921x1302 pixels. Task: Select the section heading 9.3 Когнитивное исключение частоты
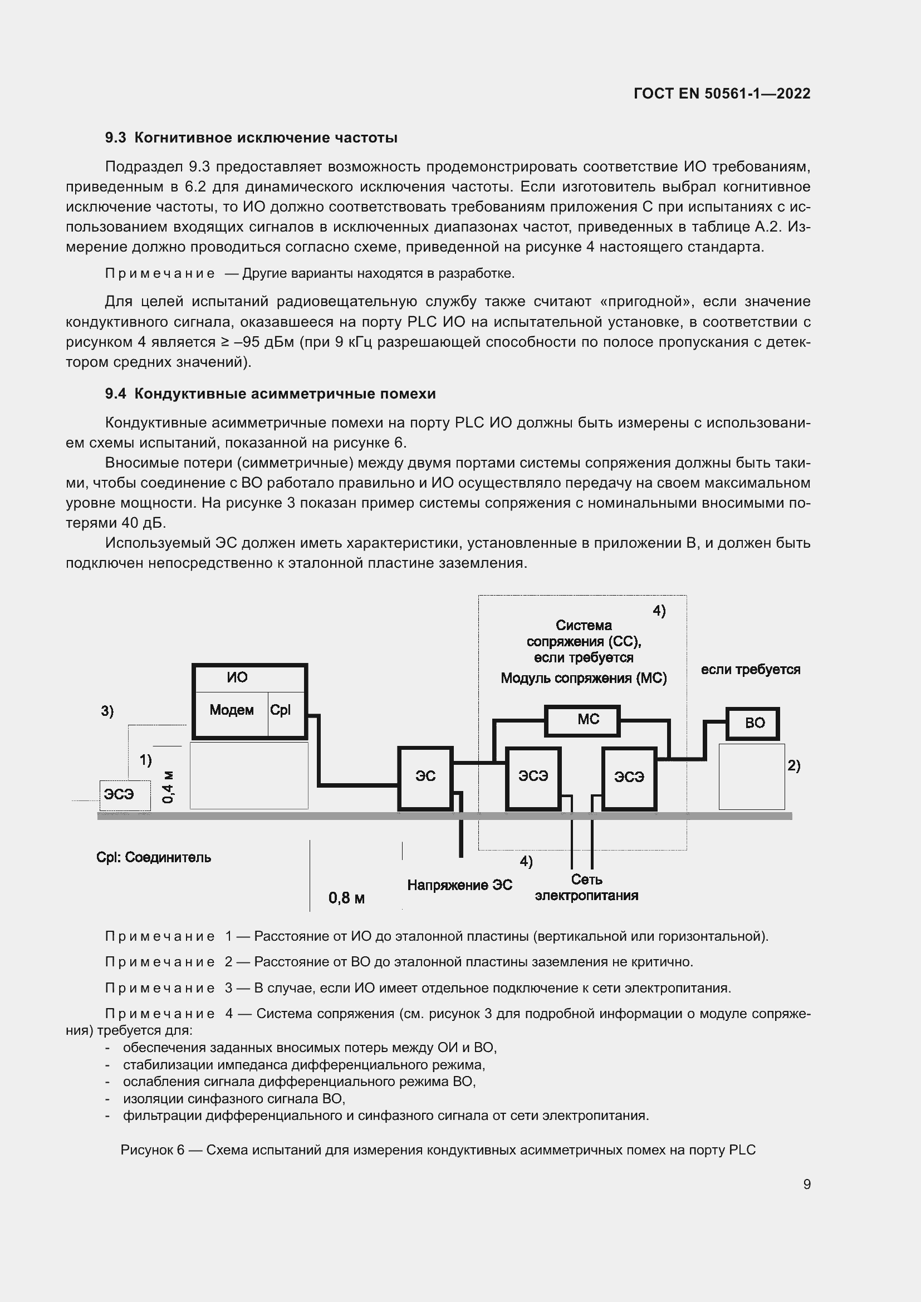click(251, 138)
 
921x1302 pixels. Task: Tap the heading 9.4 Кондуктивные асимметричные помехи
click(270, 394)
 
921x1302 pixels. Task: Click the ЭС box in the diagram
click(425, 778)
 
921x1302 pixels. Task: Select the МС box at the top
click(582, 720)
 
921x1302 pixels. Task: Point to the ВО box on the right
click(753, 724)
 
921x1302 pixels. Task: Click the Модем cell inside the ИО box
click(232, 710)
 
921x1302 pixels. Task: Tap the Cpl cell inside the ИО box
click(281, 710)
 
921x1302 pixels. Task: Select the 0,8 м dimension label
click(346, 898)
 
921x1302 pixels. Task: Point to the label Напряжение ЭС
click(459, 885)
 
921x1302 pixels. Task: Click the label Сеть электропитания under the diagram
click(586, 888)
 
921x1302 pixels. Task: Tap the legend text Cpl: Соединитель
click(154, 857)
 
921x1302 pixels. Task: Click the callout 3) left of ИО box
click(107, 711)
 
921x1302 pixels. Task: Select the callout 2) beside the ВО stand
click(793, 765)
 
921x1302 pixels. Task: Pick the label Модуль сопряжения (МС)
click(584, 678)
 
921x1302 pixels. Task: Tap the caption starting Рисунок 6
click(438, 1150)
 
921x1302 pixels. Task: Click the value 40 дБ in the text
click(144, 523)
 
